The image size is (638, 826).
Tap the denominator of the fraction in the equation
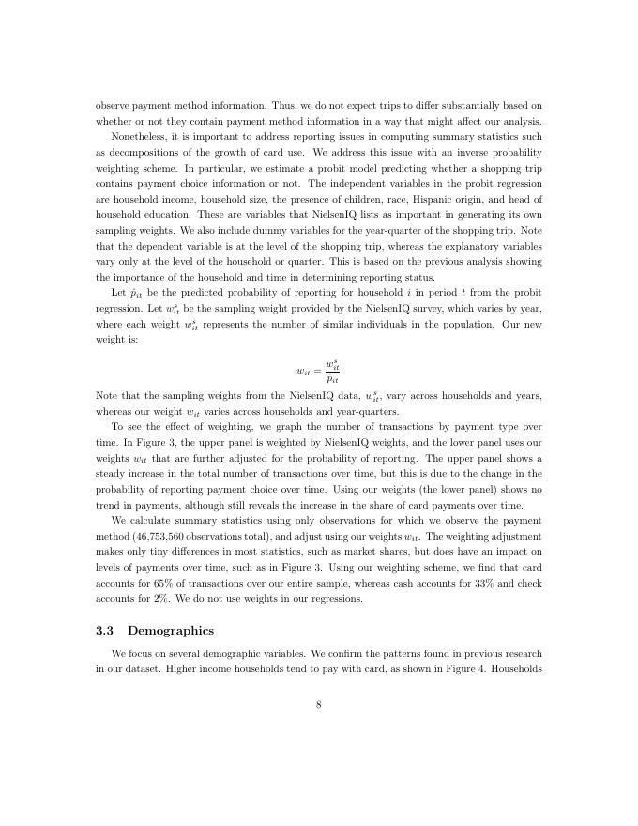pos(330,379)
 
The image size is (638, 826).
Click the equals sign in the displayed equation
pos(314,373)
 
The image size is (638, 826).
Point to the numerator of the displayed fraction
pos(330,365)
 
